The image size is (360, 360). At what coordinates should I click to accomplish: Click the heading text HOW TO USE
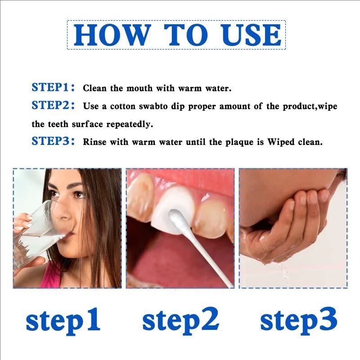click(176, 35)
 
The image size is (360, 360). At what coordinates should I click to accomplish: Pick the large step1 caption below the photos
click(63, 320)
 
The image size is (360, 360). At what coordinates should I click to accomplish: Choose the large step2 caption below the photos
click(180, 320)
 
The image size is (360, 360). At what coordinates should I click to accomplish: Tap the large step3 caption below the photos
click(298, 320)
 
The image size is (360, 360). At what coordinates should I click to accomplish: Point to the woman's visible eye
click(79, 194)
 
